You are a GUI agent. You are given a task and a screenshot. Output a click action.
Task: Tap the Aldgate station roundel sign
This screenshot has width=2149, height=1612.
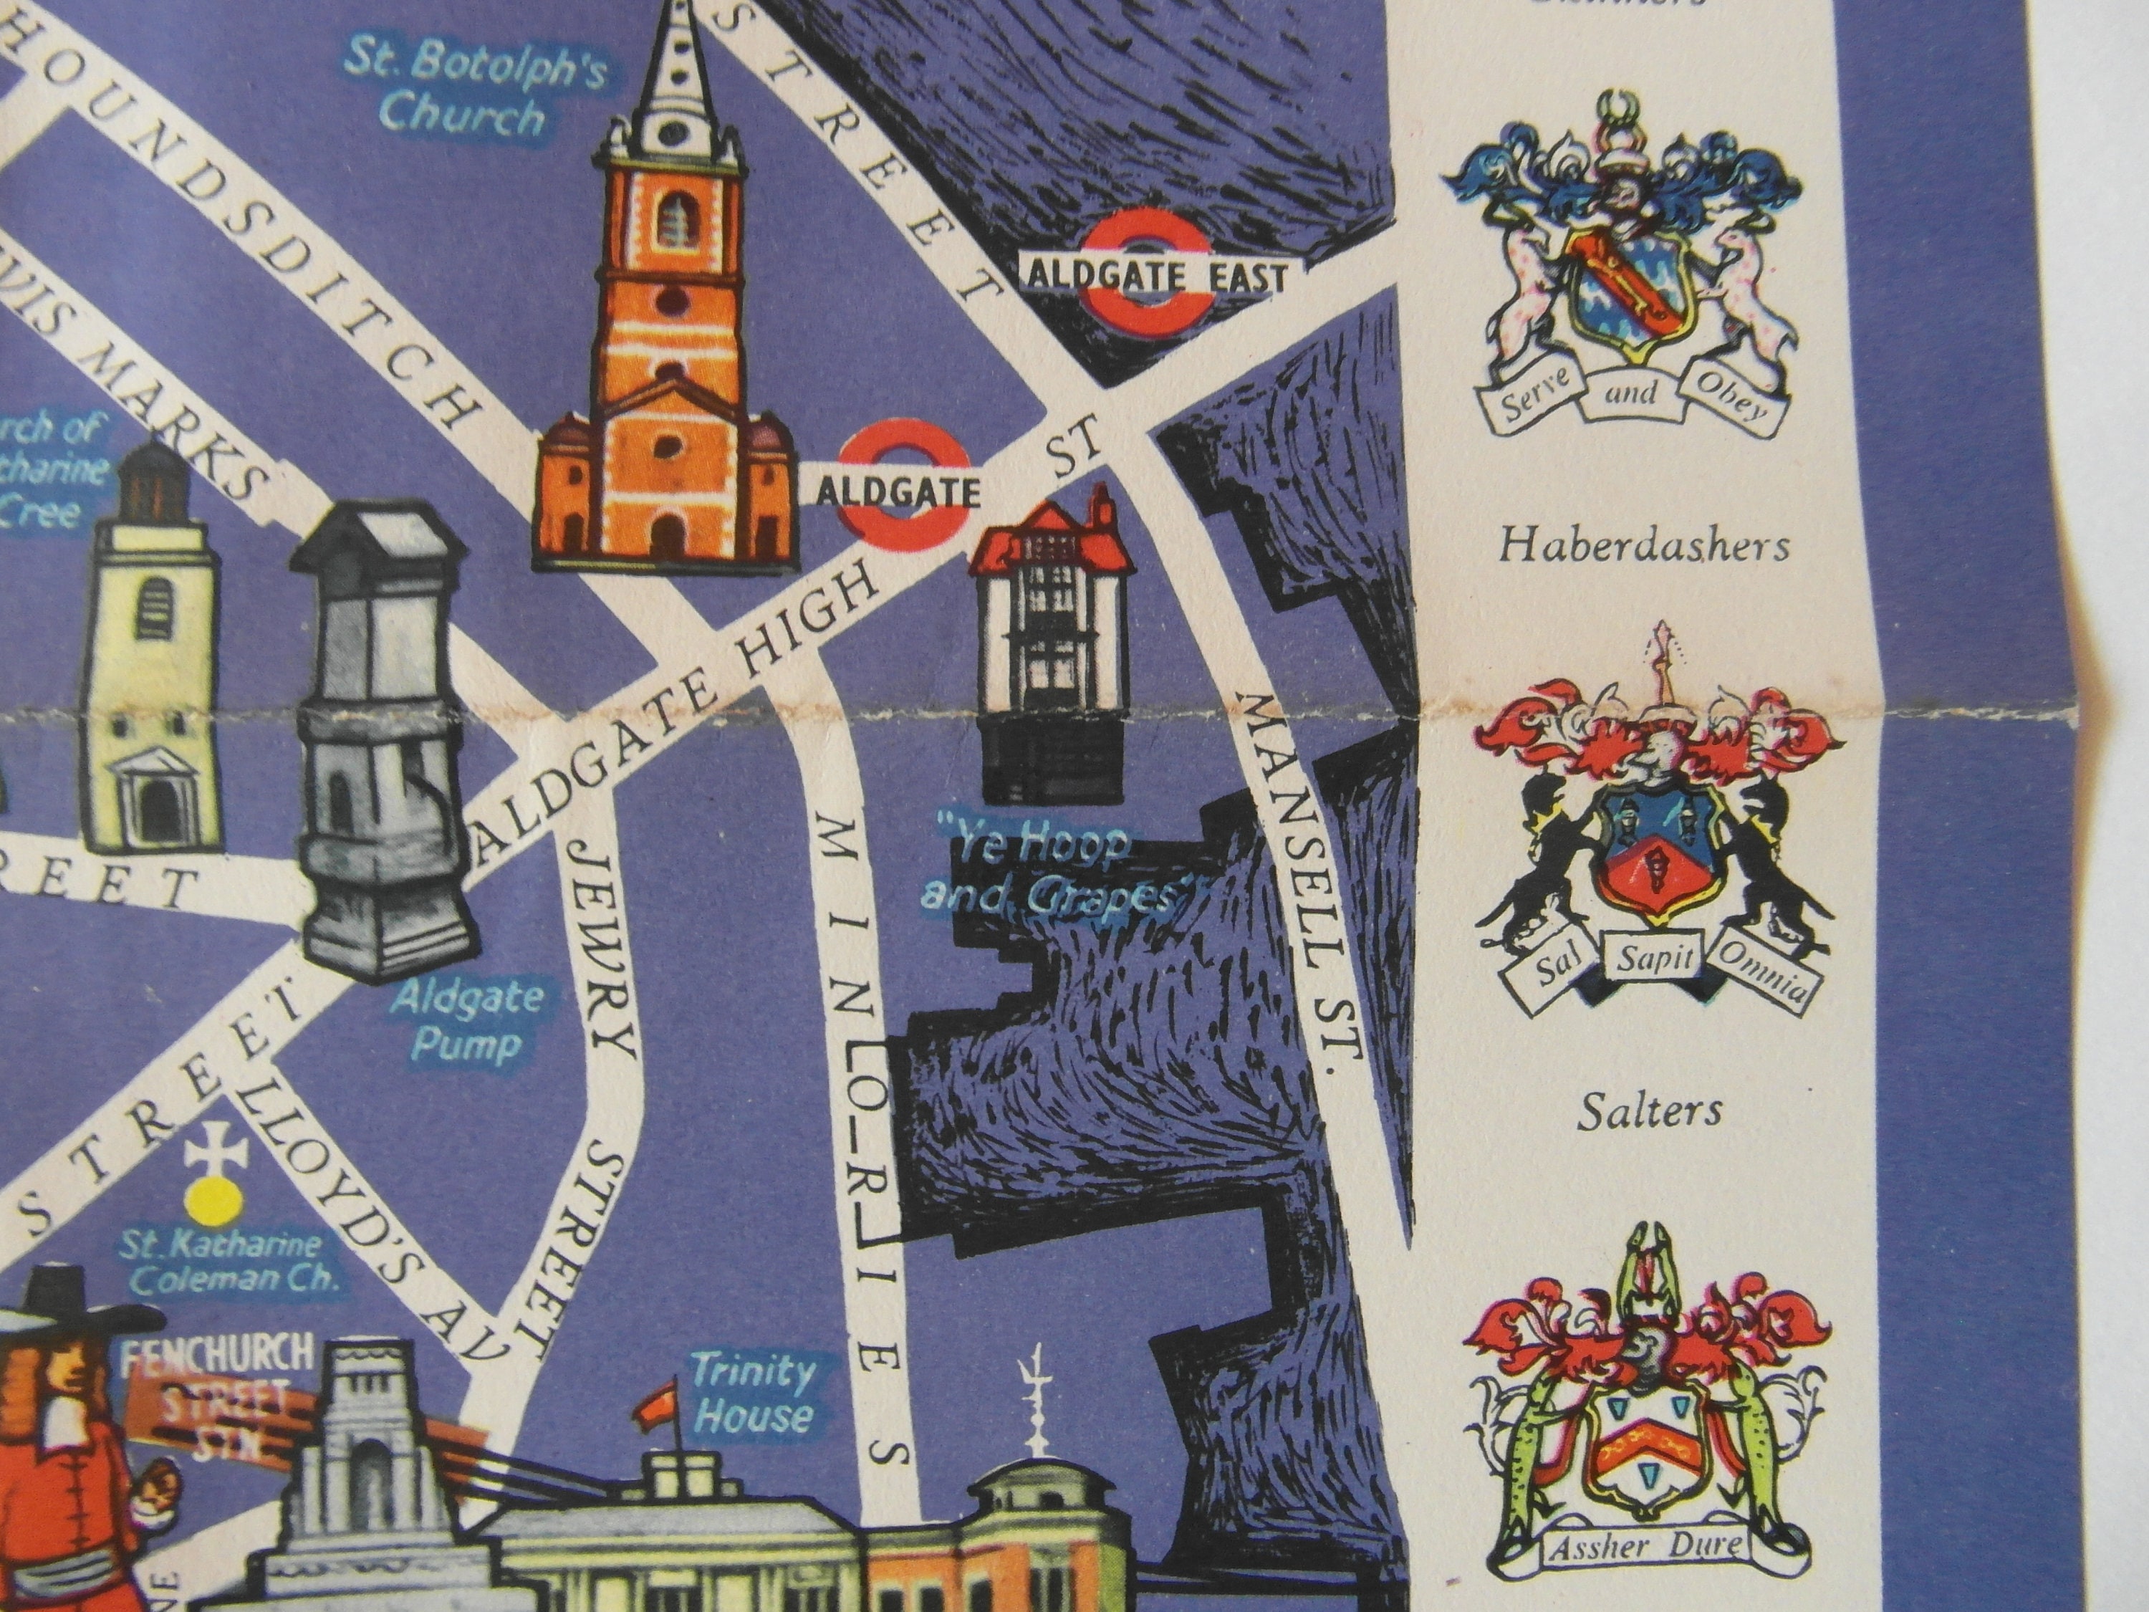903,493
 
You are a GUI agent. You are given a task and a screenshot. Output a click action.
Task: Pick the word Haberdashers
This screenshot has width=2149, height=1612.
1643,547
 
